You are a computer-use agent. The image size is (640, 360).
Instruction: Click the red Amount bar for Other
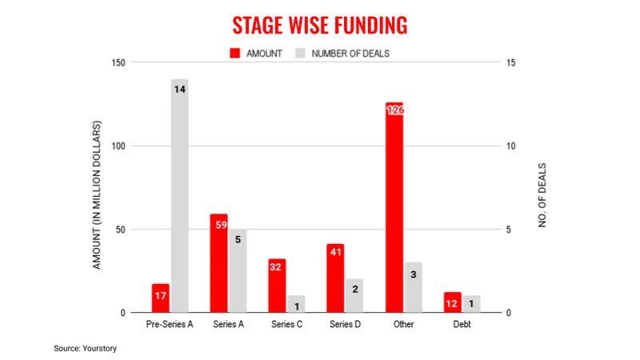[x=394, y=207]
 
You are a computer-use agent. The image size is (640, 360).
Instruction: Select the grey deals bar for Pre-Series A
[x=179, y=196]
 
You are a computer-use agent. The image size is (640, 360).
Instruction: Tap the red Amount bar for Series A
[x=218, y=263]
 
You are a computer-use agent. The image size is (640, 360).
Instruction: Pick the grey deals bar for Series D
[x=354, y=296]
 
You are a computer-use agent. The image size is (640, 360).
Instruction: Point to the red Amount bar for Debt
[x=453, y=302]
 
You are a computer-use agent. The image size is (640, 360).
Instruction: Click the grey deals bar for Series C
[x=296, y=304]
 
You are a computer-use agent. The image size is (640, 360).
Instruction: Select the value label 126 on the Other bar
[x=395, y=110]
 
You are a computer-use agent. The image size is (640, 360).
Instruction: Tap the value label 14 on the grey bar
[x=179, y=90]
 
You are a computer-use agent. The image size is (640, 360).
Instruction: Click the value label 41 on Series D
[x=335, y=252]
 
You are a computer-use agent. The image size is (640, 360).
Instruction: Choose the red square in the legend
[x=234, y=53]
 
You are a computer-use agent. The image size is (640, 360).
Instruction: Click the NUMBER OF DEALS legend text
[x=350, y=54]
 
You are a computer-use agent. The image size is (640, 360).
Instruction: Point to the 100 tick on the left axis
[x=118, y=146]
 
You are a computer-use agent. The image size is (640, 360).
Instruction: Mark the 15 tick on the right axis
[x=510, y=62]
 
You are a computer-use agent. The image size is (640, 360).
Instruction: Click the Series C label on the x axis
[x=287, y=324]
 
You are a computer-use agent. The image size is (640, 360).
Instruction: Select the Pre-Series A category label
[x=170, y=324]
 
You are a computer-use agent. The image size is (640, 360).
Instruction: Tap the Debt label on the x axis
[x=462, y=324]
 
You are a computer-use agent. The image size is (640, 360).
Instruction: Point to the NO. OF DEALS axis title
[x=542, y=195]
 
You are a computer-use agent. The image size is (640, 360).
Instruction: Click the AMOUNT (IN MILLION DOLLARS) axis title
[x=96, y=195]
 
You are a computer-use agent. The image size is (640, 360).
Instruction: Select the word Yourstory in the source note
[x=99, y=349]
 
